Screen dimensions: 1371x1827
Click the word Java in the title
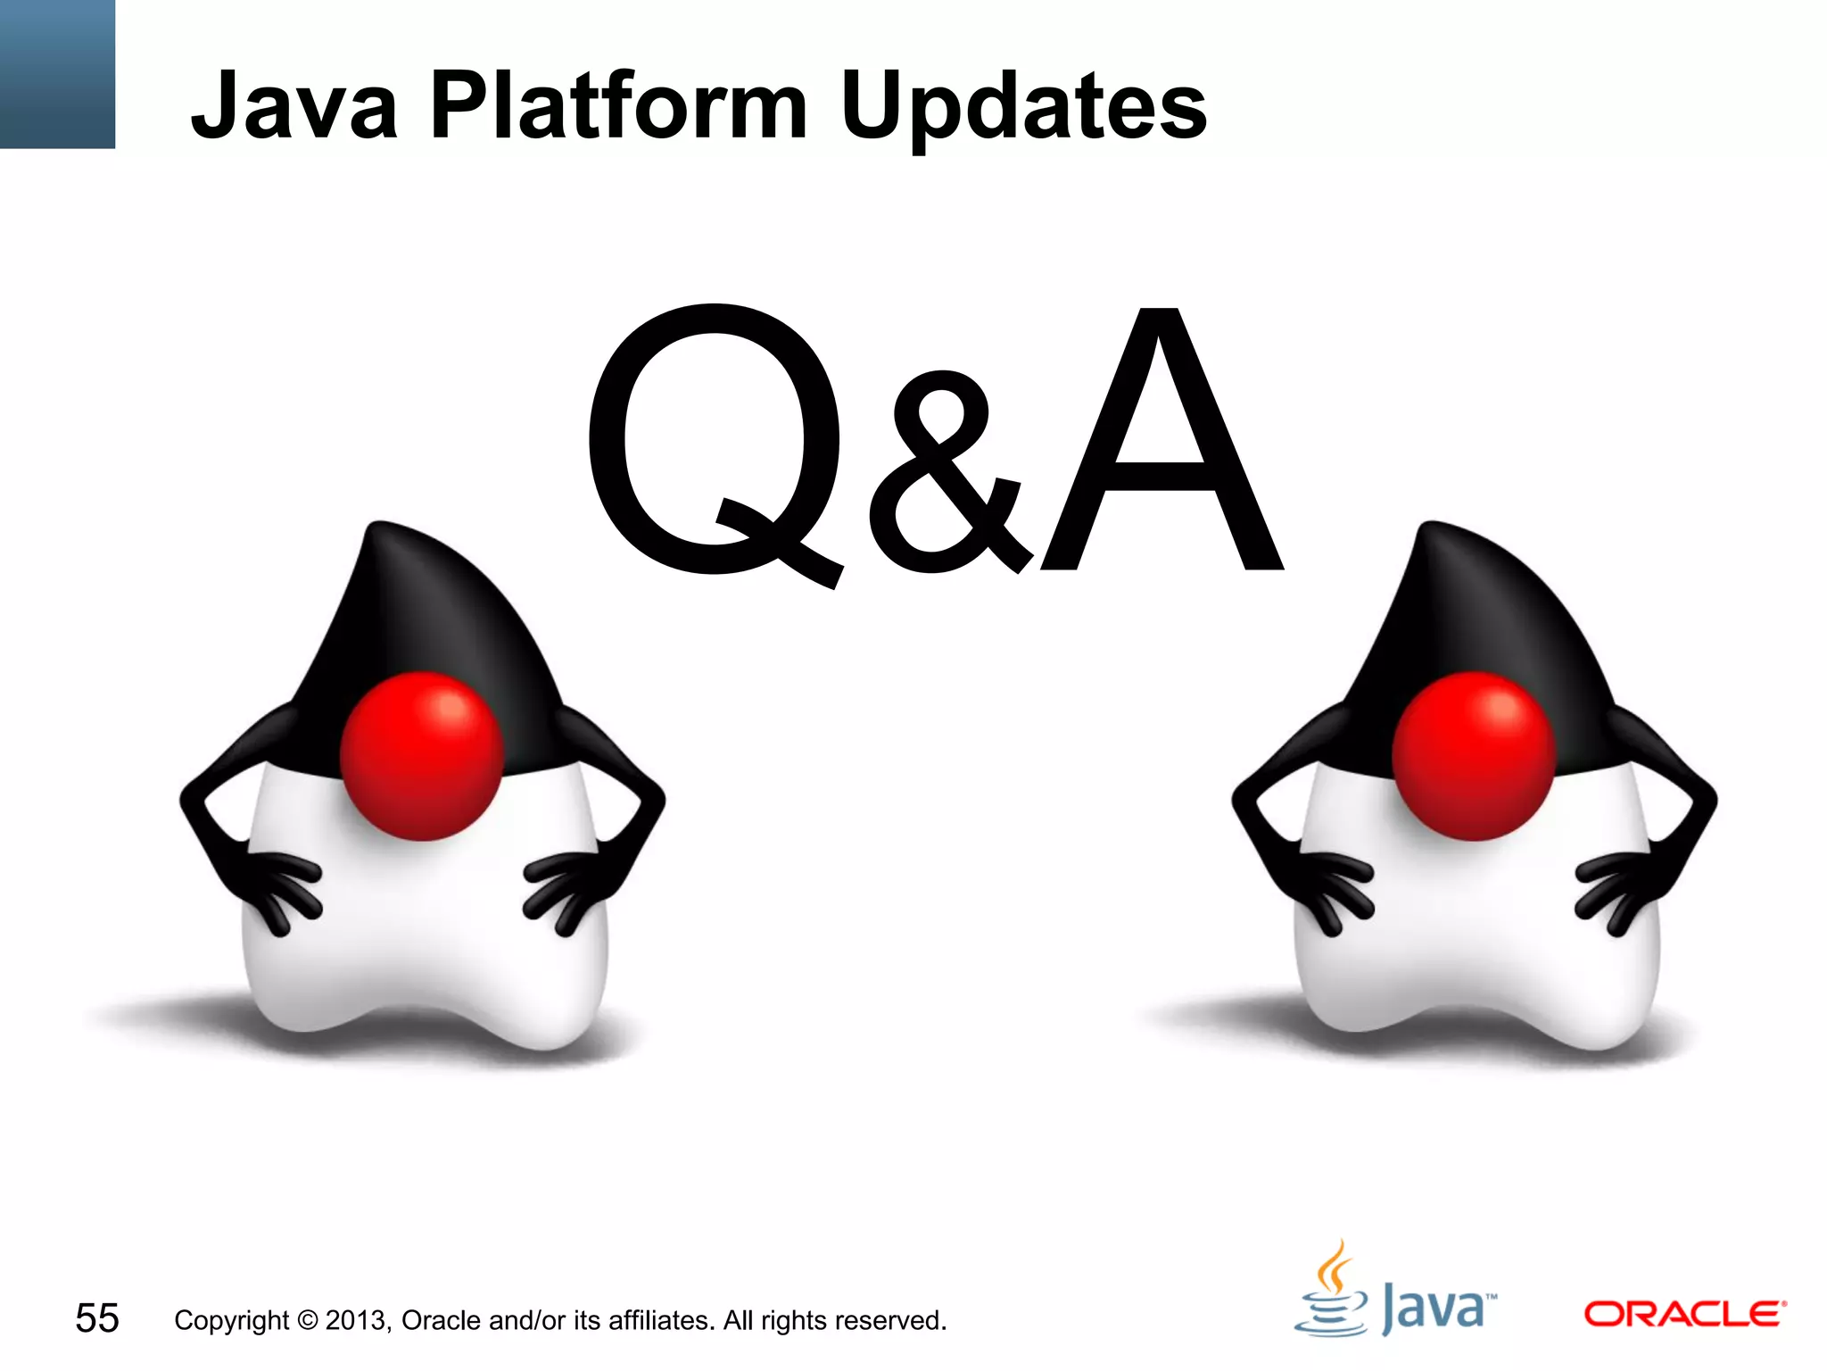[x=294, y=107]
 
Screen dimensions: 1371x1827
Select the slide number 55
[x=96, y=1318]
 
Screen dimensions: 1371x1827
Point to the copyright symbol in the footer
[x=307, y=1320]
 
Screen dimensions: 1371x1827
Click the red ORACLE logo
[x=1684, y=1314]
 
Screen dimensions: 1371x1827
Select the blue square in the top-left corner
[x=57, y=73]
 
